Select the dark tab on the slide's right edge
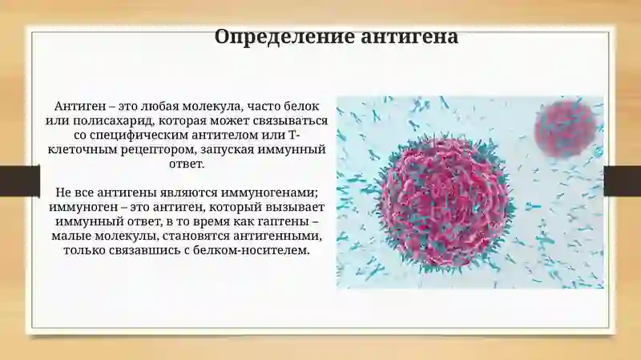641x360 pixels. click(622, 180)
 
